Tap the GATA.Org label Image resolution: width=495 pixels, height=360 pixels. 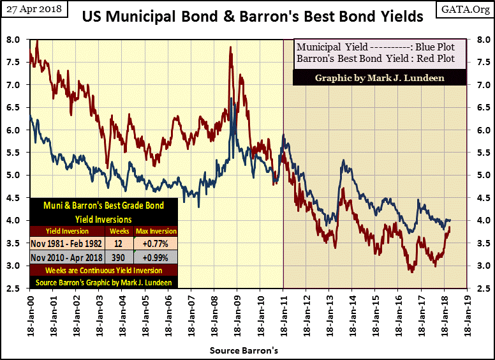469,8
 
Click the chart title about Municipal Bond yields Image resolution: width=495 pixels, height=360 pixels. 253,17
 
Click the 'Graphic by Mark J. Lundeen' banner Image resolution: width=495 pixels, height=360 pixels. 380,77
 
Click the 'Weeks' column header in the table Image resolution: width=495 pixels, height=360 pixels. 119,230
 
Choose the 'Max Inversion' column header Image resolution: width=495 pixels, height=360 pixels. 156,230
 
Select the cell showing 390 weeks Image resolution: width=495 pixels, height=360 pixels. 119,257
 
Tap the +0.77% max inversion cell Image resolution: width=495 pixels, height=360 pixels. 156,243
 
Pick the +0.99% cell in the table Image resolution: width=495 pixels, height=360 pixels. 156,257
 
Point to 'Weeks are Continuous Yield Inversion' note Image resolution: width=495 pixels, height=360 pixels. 103,270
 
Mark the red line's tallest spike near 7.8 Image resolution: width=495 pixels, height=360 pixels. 230,49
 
